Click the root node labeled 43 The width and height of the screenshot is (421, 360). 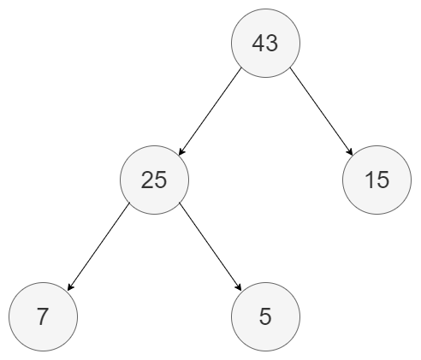coord(265,43)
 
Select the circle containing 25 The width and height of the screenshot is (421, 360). coord(154,180)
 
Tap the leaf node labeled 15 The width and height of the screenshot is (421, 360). coord(377,180)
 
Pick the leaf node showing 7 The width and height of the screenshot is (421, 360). coord(43,316)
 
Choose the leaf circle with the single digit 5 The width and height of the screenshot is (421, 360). coord(265,316)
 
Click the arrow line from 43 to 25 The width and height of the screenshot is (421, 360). coord(210,111)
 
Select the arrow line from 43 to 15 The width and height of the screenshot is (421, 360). coord(322,111)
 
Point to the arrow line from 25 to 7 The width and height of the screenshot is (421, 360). coord(98,246)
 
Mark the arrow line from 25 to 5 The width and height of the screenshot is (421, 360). coord(210,246)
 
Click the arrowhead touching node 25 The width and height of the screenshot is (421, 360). coord(181,151)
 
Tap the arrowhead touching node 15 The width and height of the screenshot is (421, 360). coord(350,151)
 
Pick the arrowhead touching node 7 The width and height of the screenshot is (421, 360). coord(71,286)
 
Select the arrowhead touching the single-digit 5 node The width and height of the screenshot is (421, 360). coord(238,286)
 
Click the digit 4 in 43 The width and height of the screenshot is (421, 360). coord(258,43)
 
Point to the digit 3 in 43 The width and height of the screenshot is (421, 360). coord(272,44)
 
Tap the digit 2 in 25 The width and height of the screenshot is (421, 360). coord(147,180)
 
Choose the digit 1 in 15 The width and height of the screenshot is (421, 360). coord(370,180)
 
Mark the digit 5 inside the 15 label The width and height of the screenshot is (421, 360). coord(383,180)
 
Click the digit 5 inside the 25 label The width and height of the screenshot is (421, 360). coord(161,180)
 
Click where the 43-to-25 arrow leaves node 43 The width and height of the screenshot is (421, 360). coord(241,68)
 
